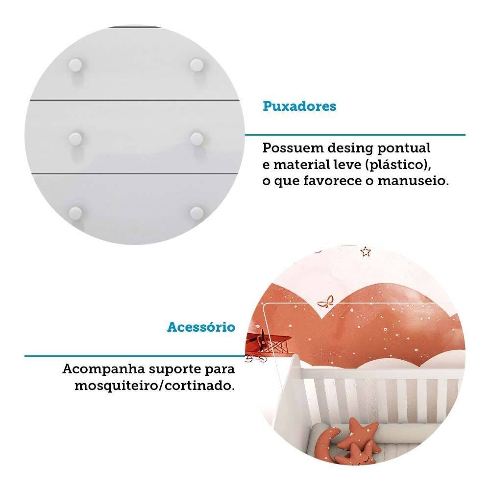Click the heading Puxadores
300,106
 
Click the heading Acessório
201,327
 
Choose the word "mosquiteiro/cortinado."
155,386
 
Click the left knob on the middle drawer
75,139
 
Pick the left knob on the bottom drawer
75,213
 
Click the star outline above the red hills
366,252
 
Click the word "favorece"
333,181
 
